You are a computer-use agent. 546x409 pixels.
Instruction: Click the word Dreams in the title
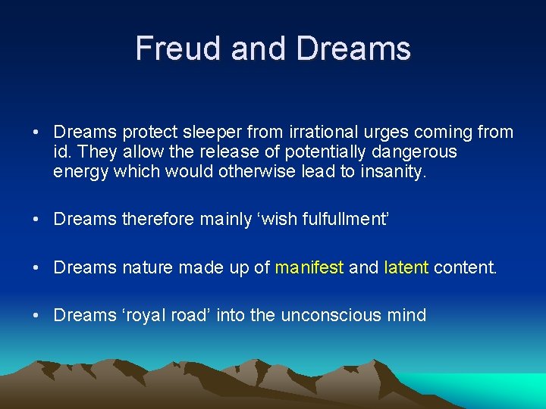click(353, 48)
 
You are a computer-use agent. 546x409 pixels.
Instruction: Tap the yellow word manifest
click(309, 267)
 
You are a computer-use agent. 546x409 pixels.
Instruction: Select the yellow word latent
click(406, 267)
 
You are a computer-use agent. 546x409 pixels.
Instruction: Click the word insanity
click(393, 172)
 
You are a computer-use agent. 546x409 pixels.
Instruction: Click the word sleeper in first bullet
click(192, 133)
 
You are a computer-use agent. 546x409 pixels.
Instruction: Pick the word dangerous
click(416, 152)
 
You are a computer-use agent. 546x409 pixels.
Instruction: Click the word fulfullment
click(345, 220)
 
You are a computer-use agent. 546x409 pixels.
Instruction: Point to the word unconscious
click(331, 315)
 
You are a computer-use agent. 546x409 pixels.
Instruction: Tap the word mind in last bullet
click(406, 315)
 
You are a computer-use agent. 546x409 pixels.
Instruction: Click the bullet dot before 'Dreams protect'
click(36, 133)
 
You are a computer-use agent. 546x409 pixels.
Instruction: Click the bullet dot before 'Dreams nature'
click(36, 268)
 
